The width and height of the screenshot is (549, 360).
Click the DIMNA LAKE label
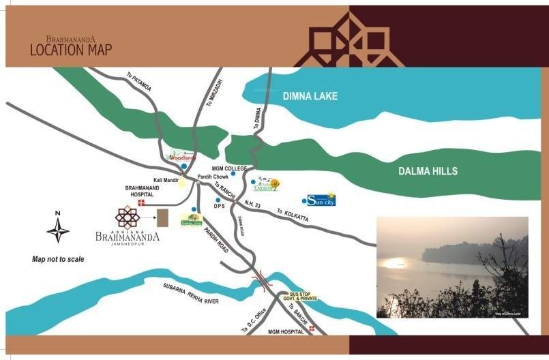pyautogui.click(x=310, y=96)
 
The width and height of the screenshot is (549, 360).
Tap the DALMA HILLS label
pyautogui.click(x=428, y=171)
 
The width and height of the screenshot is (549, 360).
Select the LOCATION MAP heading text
pyautogui.click(x=71, y=50)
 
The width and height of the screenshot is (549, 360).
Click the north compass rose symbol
pyautogui.click(x=58, y=228)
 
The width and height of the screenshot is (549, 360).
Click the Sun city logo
pyautogui.click(x=321, y=199)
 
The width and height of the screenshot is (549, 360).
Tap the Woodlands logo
pyautogui.click(x=183, y=155)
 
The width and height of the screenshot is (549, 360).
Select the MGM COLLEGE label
pyautogui.click(x=228, y=168)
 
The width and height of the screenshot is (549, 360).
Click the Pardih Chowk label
pyautogui.click(x=211, y=177)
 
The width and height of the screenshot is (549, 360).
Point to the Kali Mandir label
pyautogui.click(x=166, y=180)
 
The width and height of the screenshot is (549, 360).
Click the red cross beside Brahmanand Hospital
pyautogui.click(x=141, y=203)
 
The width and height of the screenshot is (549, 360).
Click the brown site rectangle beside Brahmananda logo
pyautogui.click(x=162, y=219)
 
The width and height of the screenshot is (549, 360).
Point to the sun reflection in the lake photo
pyautogui.click(x=394, y=262)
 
